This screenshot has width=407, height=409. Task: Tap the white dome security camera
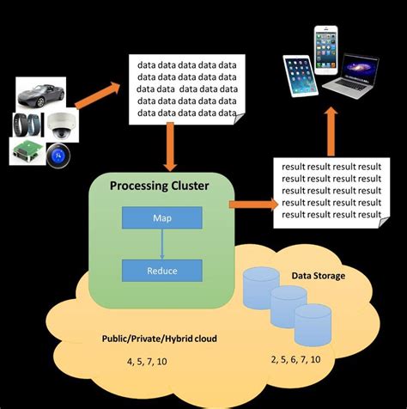coord(63,125)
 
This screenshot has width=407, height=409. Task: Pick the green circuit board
coord(29,152)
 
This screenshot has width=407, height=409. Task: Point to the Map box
coord(161,218)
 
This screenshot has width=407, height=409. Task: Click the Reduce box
coord(161,270)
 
